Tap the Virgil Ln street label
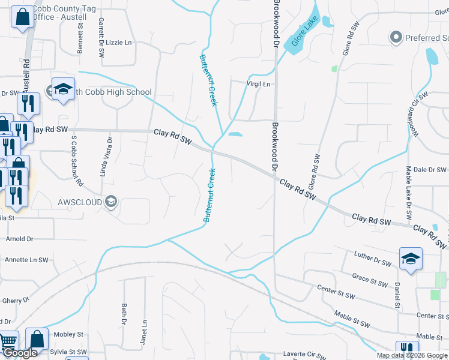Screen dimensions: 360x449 259,85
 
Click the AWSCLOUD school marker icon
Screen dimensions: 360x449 110,201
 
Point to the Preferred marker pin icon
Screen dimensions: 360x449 395,38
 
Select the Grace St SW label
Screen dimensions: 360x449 369,278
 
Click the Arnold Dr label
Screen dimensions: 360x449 20,239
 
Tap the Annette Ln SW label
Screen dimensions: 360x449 26,260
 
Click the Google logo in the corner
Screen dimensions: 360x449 20,353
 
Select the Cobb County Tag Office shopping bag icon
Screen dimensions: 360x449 22,19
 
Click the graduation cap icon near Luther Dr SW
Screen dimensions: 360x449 411,259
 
